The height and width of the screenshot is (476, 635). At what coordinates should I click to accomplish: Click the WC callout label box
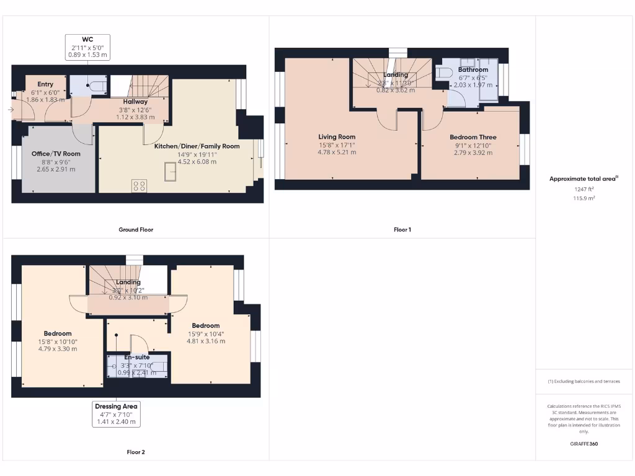pos(87,47)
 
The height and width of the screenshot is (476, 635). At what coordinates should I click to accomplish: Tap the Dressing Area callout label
pos(117,414)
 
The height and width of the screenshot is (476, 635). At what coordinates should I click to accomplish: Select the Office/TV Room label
pos(56,154)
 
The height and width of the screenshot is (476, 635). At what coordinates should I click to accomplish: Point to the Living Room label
pos(337,137)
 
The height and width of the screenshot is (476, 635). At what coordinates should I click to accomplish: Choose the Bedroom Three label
pos(473,137)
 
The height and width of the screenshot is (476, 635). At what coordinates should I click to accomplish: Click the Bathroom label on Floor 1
pos(473,70)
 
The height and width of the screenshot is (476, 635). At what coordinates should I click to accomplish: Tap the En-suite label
pos(136,358)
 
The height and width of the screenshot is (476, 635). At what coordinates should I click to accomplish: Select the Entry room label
pos(45,84)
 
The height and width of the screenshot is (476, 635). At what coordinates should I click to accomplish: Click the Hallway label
pos(135,102)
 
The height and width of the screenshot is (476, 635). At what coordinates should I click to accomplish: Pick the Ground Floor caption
pos(136,230)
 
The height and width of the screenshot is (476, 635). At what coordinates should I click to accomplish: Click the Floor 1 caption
pos(402,230)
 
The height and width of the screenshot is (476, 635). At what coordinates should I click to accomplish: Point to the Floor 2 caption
pos(136,452)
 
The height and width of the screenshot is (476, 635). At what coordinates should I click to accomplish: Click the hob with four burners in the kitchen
pos(139,185)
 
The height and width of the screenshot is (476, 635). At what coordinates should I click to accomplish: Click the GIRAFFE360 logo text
pos(584,444)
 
